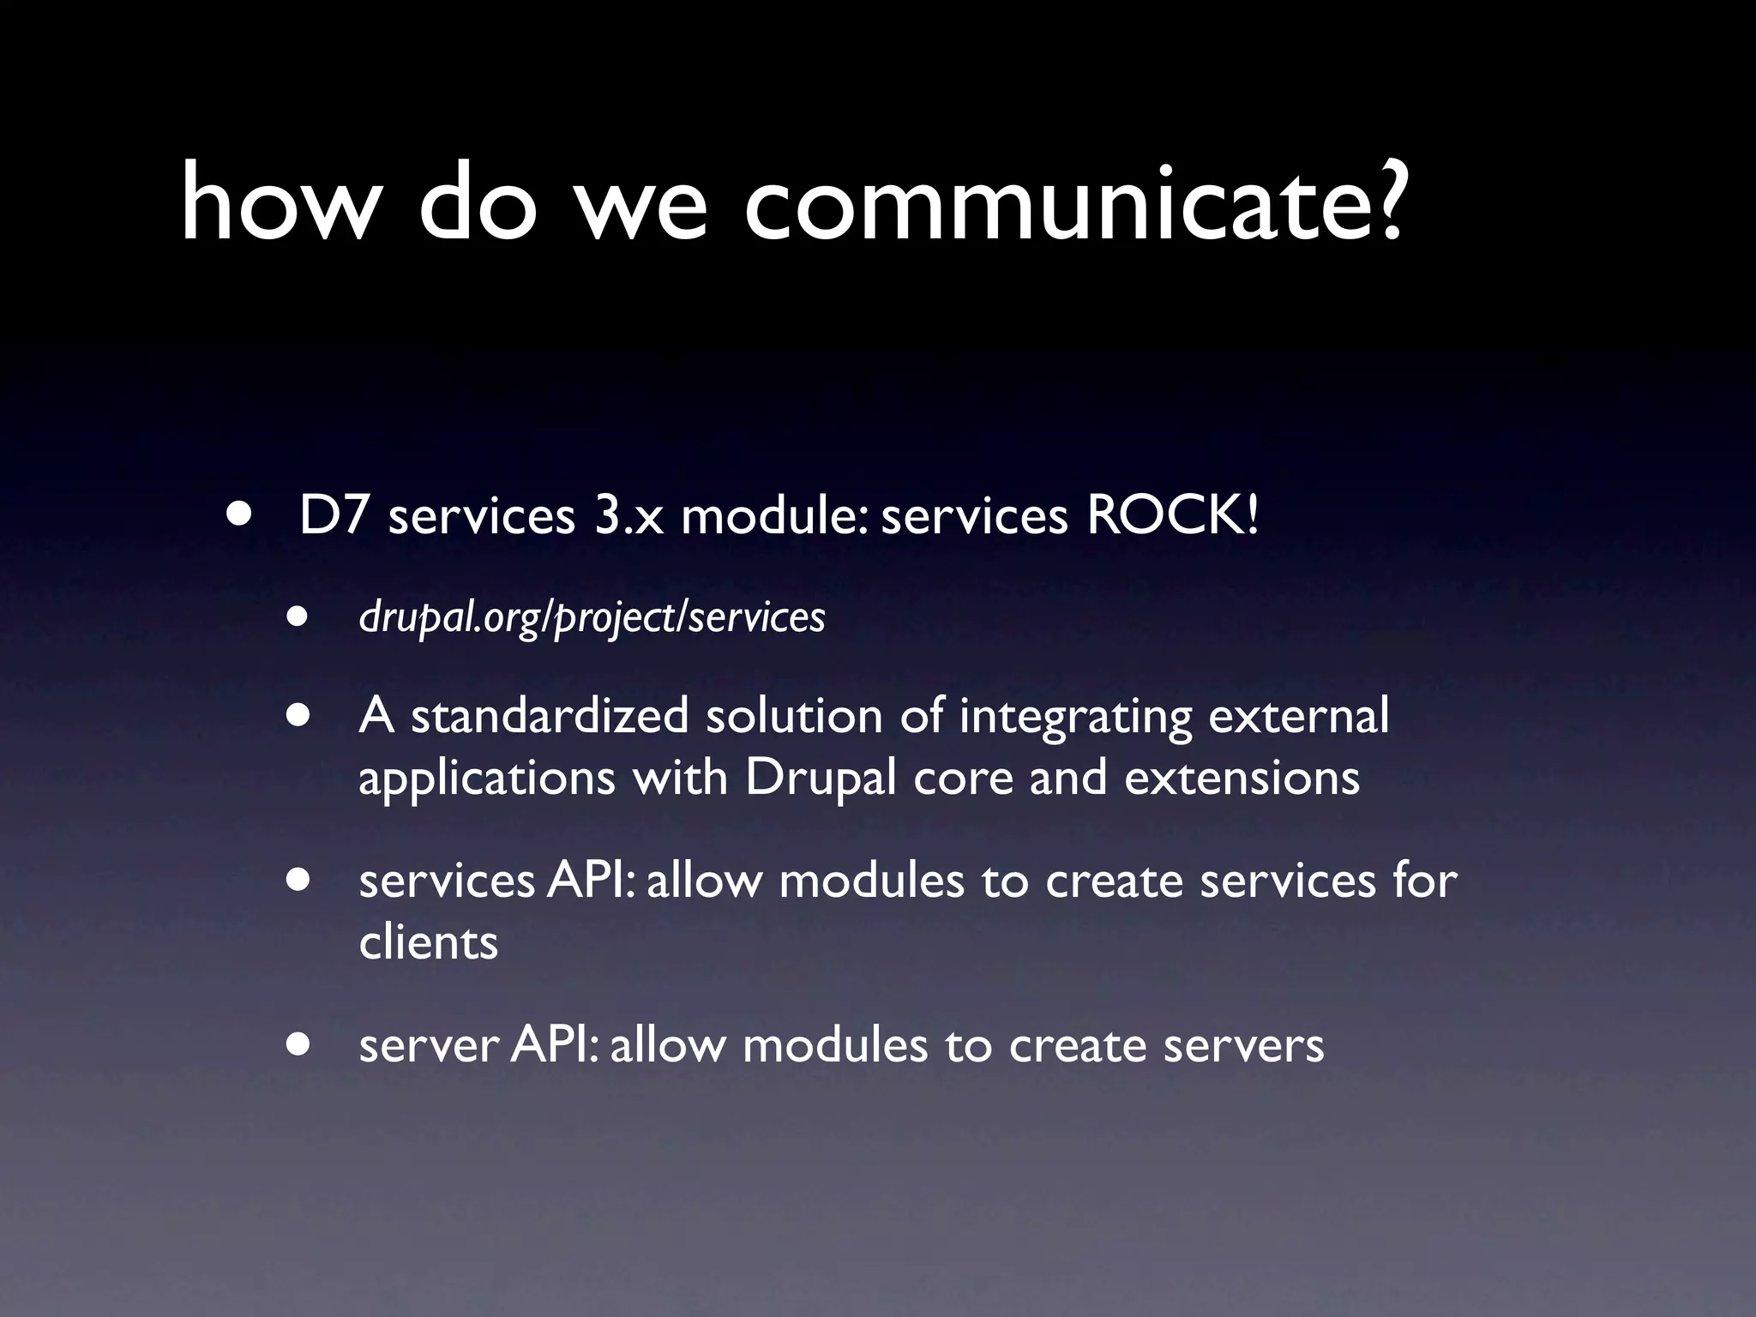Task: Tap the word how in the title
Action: click(280, 204)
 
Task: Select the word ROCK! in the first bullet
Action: click(1172, 516)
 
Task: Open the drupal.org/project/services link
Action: click(592, 617)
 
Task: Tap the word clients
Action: click(428, 942)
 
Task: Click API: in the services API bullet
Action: click(591, 881)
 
